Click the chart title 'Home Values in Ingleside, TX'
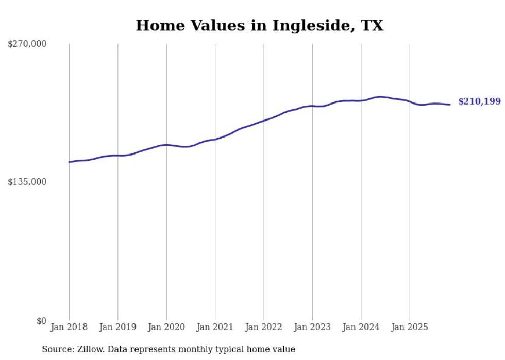[x=259, y=25]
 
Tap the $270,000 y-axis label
[x=27, y=44]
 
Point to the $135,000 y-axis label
[x=27, y=182]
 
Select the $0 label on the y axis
[x=41, y=321]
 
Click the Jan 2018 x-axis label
[x=69, y=327]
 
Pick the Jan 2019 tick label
[x=117, y=327]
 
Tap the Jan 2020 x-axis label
[x=166, y=327]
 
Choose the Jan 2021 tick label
[x=215, y=327]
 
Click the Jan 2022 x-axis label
[x=264, y=327]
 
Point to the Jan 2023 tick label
[x=312, y=327]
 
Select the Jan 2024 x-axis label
[x=361, y=327]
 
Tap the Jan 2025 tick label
[x=410, y=327]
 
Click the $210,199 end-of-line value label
[x=479, y=101]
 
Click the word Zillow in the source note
[x=90, y=349]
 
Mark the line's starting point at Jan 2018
[x=69, y=162]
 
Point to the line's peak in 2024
[x=380, y=97]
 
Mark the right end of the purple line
[x=450, y=105]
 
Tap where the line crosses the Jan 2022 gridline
[x=264, y=121]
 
